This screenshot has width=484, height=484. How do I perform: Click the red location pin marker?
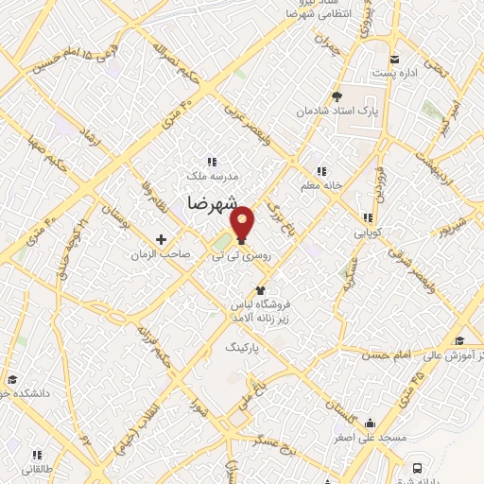(x=243, y=221)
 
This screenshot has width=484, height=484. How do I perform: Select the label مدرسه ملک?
(x=211, y=176)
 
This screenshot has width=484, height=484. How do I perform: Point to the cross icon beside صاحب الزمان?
(x=161, y=240)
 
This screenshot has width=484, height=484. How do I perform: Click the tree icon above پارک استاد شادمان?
(x=337, y=95)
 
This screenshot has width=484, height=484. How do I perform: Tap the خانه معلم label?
(x=320, y=185)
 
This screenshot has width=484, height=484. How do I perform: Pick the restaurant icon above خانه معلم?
(x=321, y=171)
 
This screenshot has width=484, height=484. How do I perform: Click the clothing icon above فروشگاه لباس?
(x=260, y=291)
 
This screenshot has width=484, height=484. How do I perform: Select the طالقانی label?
(x=38, y=469)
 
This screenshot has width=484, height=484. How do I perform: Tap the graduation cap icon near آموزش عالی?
(x=459, y=340)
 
